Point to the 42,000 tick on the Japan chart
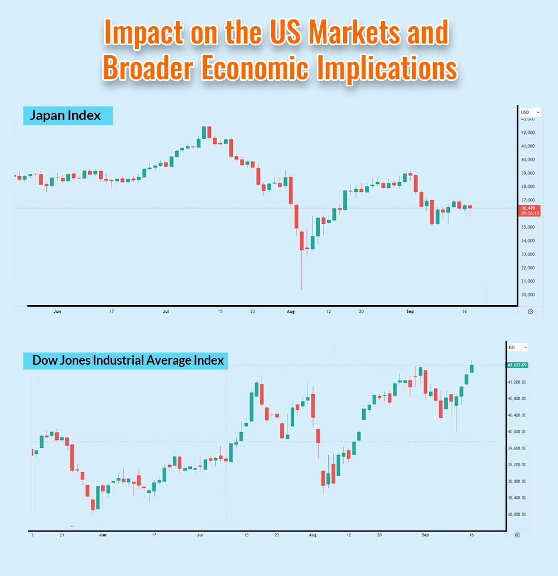coord(528,133)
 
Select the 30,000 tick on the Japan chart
coord(528,294)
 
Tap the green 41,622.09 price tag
coord(517,365)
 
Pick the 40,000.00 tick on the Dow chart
coord(517,432)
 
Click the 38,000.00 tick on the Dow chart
coord(517,514)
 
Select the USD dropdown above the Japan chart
coord(530,112)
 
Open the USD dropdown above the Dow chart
coord(516,347)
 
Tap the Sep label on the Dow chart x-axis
coord(425,535)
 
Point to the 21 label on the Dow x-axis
coord(62,535)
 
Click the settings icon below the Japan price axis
coord(530,312)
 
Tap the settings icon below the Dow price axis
coord(517,535)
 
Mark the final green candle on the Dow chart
coord(472,368)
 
